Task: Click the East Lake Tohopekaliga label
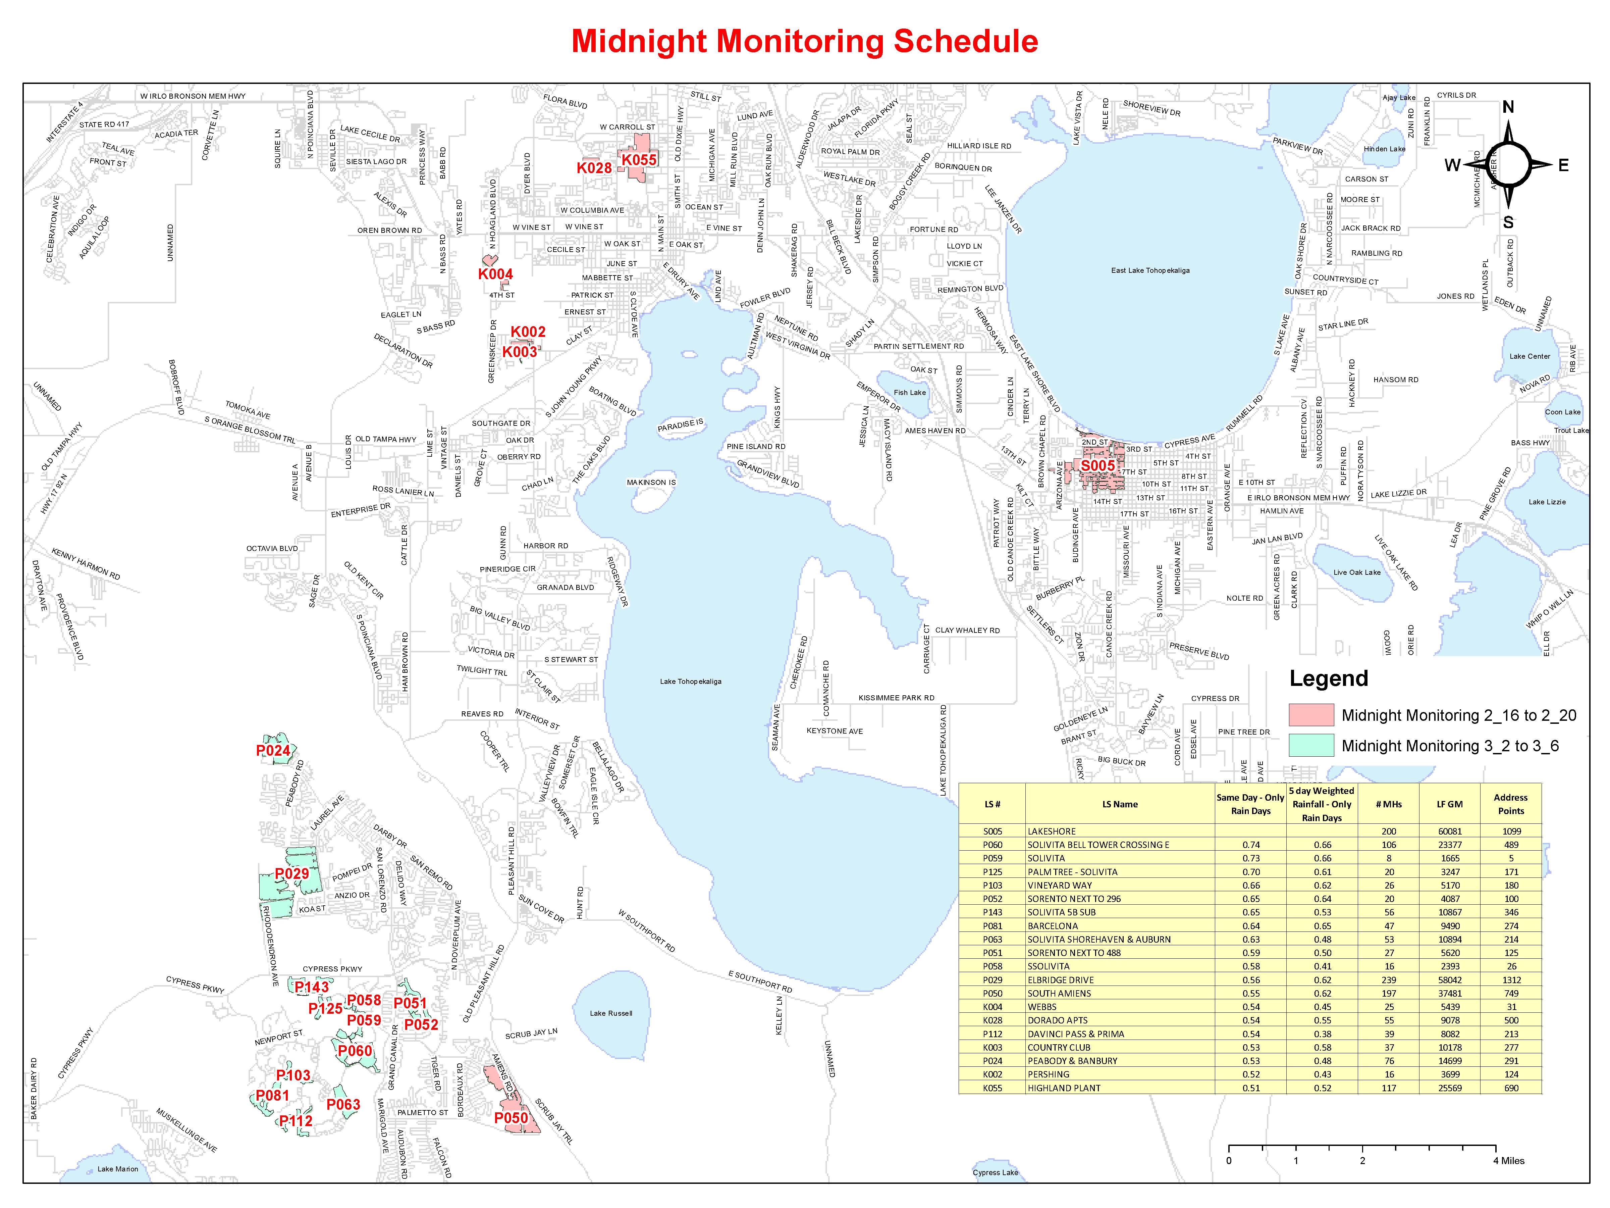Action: point(1150,270)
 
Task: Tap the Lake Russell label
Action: point(611,1013)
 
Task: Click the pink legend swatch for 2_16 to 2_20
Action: point(1311,715)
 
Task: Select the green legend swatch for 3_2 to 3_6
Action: point(1311,746)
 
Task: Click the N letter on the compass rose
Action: point(1508,107)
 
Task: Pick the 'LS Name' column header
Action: point(1119,804)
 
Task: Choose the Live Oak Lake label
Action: point(1357,572)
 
